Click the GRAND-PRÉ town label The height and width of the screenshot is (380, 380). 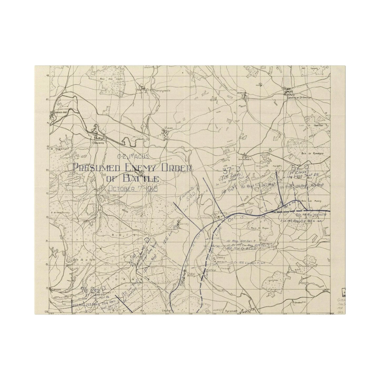(x=56, y=112)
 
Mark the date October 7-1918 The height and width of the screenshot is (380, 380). (x=133, y=189)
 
